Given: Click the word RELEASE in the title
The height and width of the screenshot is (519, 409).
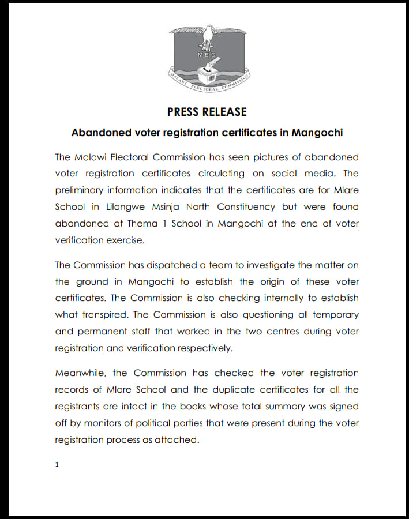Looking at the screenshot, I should [226, 112].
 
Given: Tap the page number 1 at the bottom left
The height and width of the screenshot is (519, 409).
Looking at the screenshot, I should [57, 464].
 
